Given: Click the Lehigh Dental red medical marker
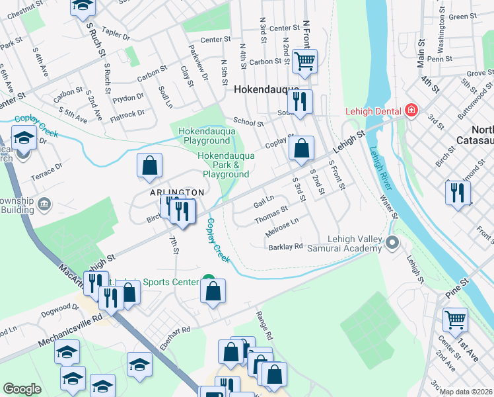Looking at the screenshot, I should point(411,109).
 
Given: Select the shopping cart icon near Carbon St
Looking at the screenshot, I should point(304,61).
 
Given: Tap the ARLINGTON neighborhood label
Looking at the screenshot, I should point(177,192).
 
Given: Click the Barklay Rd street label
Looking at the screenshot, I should point(285,247).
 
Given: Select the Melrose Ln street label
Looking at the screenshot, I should point(282,228).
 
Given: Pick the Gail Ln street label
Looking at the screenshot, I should point(264,201).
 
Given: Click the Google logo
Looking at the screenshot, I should point(22,389).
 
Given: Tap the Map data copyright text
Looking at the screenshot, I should point(466,392).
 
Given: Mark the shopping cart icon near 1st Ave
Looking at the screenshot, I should point(455,320).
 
